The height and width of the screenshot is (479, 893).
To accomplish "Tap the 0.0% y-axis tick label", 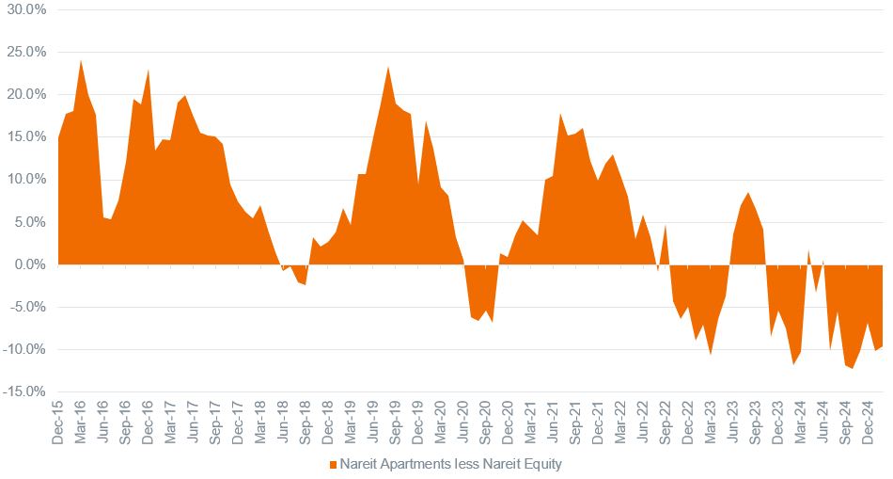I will (27, 264).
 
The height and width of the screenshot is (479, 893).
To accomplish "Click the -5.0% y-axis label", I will (25, 307).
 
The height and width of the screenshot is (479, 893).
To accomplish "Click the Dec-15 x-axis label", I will (57, 418).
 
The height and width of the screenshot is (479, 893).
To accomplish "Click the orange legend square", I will (334, 465).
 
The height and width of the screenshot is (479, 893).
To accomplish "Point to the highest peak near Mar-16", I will (81, 60).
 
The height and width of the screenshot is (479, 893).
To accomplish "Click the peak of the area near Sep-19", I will (388, 67).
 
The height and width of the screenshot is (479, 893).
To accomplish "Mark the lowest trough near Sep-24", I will (853, 368).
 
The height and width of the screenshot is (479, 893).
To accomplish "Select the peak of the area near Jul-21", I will (560, 114).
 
